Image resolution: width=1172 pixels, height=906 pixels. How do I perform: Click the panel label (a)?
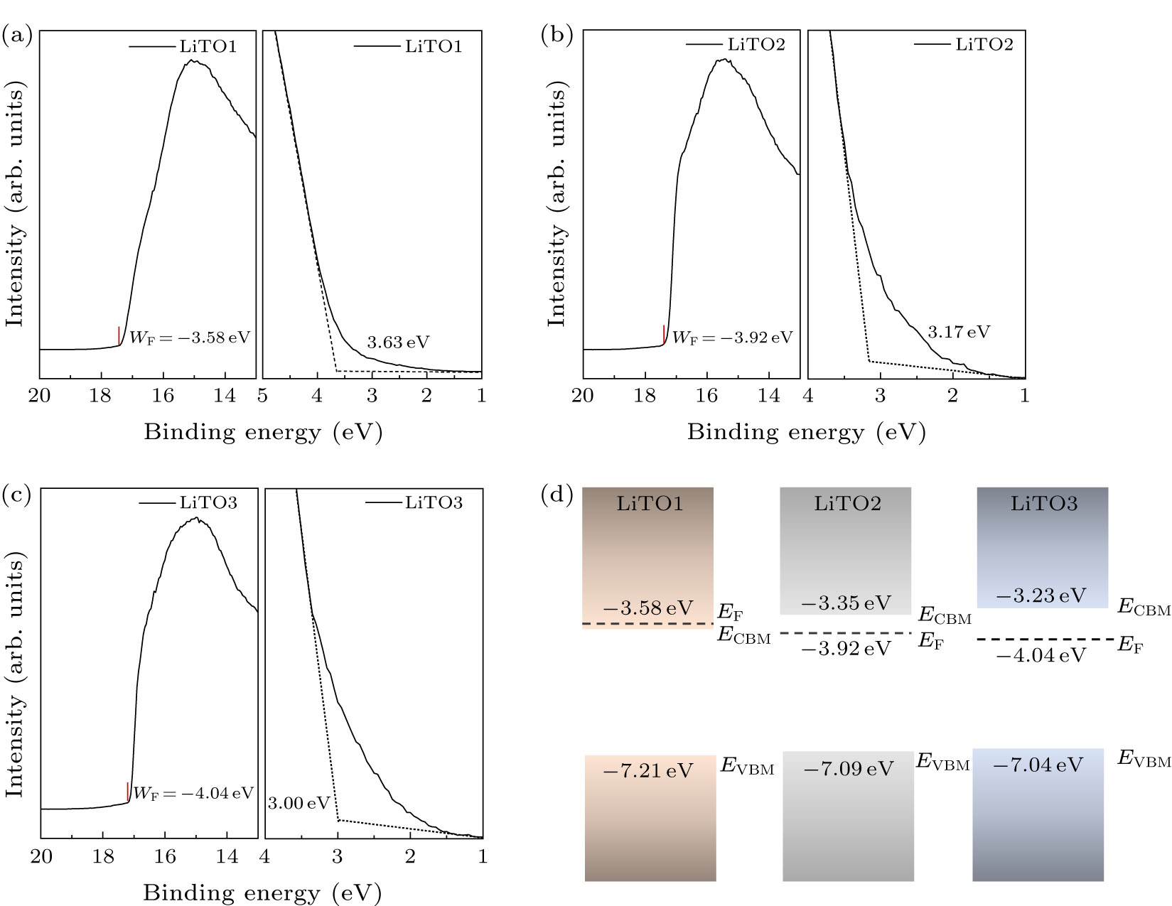coord(18,35)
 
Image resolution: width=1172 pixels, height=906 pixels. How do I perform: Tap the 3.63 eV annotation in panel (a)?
coord(398,343)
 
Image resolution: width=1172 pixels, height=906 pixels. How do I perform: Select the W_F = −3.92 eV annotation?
coord(731,338)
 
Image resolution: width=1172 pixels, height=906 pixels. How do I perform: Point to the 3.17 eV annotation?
coord(958,332)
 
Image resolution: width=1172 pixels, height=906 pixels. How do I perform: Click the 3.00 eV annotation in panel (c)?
coord(299,804)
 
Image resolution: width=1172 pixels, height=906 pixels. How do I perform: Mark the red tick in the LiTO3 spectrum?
coord(127,792)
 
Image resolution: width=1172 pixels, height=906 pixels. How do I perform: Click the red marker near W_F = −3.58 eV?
coord(119,335)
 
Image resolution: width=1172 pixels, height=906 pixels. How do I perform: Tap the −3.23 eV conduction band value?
coord(1041,595)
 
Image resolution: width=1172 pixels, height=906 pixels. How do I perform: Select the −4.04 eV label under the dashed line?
coord(1041,655)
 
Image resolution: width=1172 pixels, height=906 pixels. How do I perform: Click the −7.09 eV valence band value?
coord(848,769)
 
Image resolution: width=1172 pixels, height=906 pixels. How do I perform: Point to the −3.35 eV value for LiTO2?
coord(846,603)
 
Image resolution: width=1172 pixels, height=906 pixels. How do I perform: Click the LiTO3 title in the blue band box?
coord(1043,504)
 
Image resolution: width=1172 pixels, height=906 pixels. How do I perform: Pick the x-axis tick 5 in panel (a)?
coord(263,396)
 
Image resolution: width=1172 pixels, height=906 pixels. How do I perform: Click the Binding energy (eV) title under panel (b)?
coord(806,432)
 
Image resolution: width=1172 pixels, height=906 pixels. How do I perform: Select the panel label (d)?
coord(557,494)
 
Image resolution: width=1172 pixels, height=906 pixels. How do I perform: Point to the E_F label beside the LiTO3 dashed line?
coord(1130,645)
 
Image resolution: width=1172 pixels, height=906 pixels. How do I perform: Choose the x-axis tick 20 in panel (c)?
coord(41,856)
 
